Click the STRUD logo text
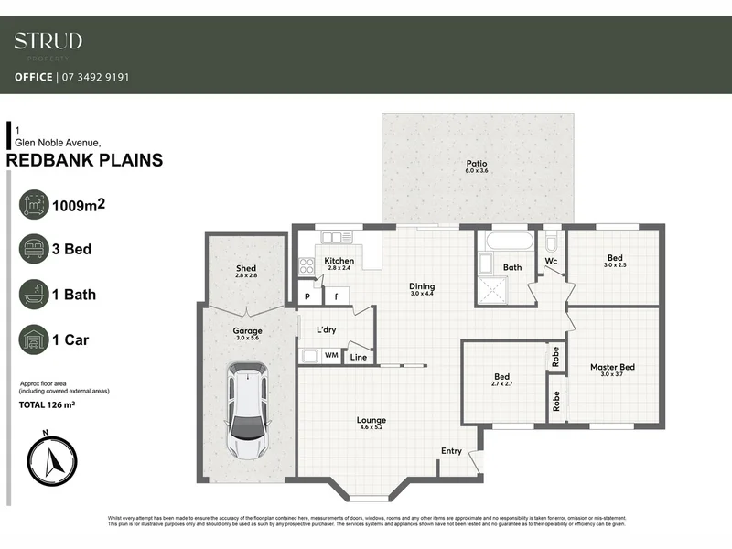point(48,41)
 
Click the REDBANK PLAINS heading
point(84,161)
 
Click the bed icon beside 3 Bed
point(36,249)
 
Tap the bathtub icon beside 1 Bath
point(36,295)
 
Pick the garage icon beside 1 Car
point(36,340)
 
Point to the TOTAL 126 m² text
point(59,404)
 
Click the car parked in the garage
point(247,412)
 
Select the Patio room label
point(477,165)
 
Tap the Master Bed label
point(612,367)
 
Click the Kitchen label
point(339,262)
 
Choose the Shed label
point(246,268)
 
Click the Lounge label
point(371,421)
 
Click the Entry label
point(451,451)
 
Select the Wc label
point(551,262)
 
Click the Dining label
point(422,285)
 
